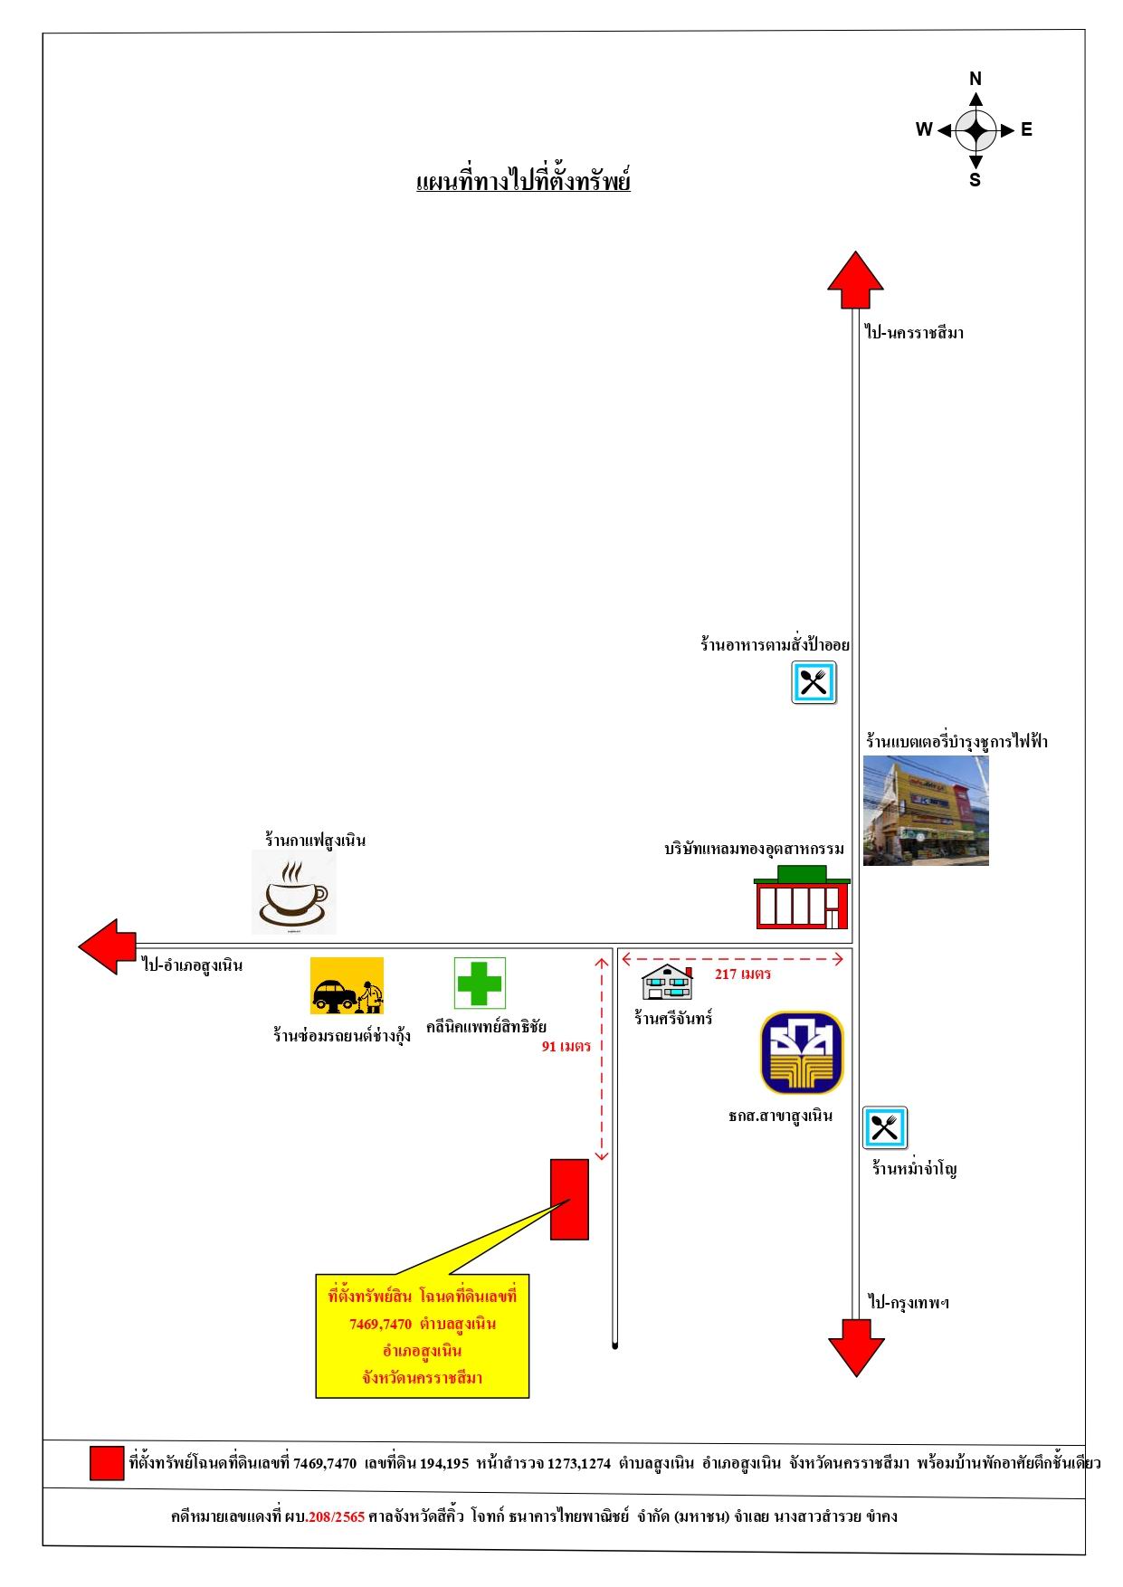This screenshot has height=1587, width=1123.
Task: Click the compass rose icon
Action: tap(975, 130)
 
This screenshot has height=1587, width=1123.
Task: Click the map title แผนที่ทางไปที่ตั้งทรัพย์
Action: tap(523, 181)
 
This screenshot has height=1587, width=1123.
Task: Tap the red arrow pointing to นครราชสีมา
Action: tap(855, 280)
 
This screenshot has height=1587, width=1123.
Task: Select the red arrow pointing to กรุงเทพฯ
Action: tap(856, 1347)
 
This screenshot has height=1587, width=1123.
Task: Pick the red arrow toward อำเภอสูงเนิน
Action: tap(107, 946)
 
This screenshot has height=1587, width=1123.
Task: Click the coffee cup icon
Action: tap(294, 893)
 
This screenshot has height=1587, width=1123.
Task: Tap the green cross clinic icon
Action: tap(480, 983)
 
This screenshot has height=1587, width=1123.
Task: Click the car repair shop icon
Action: tap(347, 986)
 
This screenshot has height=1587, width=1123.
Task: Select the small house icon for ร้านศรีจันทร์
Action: tap(668, 983)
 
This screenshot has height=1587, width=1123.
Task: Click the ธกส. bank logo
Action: tap(802, 1052)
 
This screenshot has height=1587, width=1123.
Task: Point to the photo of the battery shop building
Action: tap(926, 811)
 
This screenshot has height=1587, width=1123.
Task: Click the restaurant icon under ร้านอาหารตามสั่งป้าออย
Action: tap(814, 682)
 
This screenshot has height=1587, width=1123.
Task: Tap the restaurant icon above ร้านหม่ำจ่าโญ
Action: tap(884, 1127)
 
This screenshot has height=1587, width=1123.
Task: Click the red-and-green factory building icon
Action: tap(802, 897)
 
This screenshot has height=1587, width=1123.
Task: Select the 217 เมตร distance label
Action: tap(743, 974)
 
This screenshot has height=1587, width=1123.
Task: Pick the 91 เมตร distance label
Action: tap(566, 1047)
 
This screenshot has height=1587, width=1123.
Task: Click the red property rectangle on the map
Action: tap(570, 1199)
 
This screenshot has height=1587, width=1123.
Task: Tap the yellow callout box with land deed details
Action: tap(423, 1336)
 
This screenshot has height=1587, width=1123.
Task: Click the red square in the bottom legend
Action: tap(107, 1463)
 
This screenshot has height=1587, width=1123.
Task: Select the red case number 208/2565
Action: tap(336, 1516)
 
